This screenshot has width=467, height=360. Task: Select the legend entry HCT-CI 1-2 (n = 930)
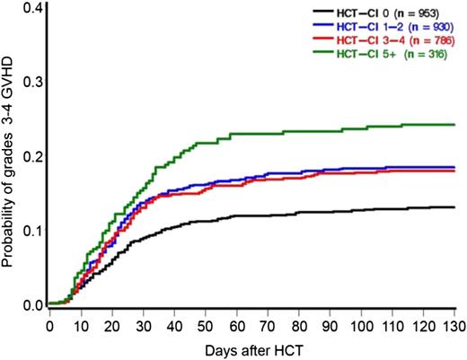point(400,27)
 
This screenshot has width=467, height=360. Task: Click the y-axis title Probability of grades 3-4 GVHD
point(9,157)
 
